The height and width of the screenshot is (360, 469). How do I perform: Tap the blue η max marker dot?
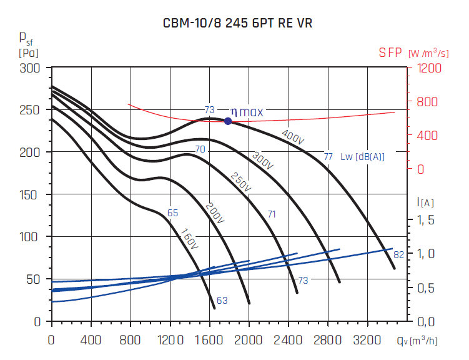(x=228, y=121)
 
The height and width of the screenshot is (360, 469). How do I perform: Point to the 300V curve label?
(x=262, y=160)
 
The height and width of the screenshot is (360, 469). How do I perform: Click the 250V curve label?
(x=240, y=181)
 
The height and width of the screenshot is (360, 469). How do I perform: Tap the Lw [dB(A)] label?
(x=363, y=157)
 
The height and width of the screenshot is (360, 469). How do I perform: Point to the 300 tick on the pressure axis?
(x=31, y=67)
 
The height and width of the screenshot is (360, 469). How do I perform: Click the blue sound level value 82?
(x=398, y=255)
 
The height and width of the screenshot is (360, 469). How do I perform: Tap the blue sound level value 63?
(x=222, y=301)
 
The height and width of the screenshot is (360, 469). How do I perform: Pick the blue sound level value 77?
(x=328, y=156)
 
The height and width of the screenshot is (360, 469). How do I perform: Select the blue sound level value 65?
(x=173, y=213)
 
